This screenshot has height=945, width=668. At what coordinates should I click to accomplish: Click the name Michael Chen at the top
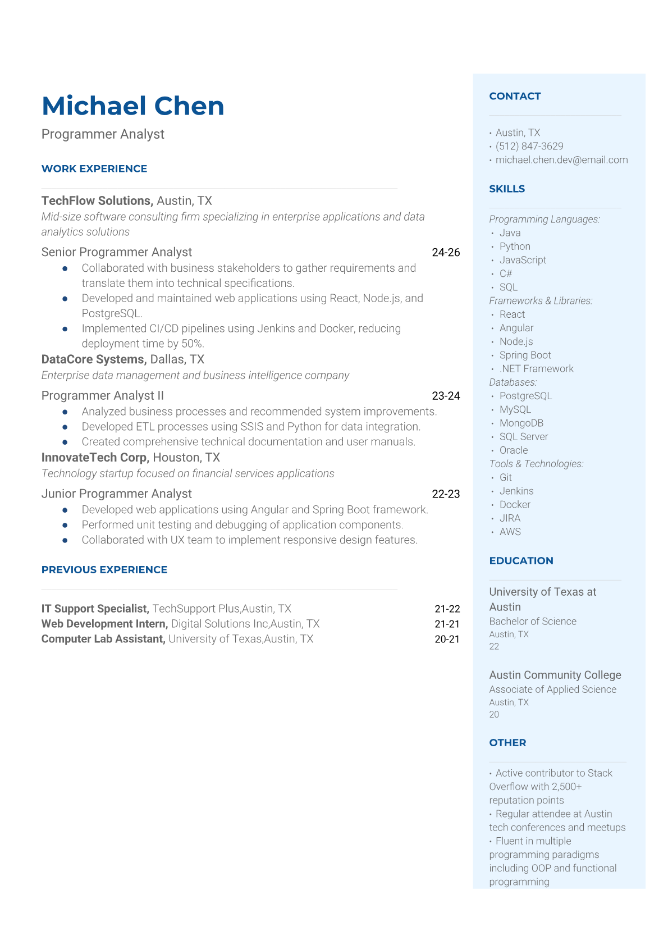(x=132, y=106)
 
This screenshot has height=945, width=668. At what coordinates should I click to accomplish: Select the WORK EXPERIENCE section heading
(x=94, y=169)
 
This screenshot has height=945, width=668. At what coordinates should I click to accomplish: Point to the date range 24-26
(x=446, y=253)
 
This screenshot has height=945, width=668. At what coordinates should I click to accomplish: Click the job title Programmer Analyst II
(x=103, y=396)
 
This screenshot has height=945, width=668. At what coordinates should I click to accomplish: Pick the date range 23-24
(x=446, y=396)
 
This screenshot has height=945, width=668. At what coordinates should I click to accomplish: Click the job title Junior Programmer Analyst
(x=117, y=494)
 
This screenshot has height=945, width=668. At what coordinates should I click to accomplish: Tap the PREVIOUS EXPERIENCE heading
(x=104, y=570)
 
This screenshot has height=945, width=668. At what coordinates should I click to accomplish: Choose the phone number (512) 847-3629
(x=529, y=147)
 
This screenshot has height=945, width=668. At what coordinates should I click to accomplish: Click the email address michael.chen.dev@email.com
(x=561, y=160)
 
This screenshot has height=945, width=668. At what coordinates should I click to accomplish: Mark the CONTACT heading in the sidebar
(x=515, y=97)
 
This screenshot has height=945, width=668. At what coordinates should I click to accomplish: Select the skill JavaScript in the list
(x=523, y=260)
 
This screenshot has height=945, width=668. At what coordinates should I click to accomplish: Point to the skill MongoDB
(x=521, y=423)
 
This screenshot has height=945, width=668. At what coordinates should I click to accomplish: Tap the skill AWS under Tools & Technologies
(x=510, y=532)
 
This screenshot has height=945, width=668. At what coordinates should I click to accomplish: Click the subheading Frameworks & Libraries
(x=541, y=301)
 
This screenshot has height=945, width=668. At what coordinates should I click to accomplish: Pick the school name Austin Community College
(x=555, y=675)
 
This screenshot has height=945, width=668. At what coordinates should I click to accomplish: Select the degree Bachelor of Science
(x=533, y=622)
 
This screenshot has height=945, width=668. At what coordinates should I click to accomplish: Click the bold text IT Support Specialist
(x=95, y=609)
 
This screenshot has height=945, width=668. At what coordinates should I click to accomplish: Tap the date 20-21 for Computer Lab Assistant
(x=447, y=639)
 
